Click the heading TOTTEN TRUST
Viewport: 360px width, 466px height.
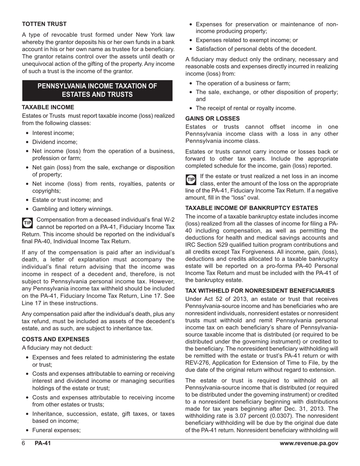pos(44,24)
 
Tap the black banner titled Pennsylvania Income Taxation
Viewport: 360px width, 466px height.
pos(97,90)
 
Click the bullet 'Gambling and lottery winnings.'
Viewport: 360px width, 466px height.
pos(72,209)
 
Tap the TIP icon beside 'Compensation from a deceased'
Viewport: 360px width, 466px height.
pos(28,223)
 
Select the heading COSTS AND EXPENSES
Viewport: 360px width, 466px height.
pos(56,339)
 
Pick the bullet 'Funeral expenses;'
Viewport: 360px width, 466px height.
pos(56,430)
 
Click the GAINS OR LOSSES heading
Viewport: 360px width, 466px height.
pos(212,119)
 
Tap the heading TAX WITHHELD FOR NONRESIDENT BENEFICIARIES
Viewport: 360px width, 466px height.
pos(260,291)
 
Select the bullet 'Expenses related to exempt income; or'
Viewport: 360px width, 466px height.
pos(247,40)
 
